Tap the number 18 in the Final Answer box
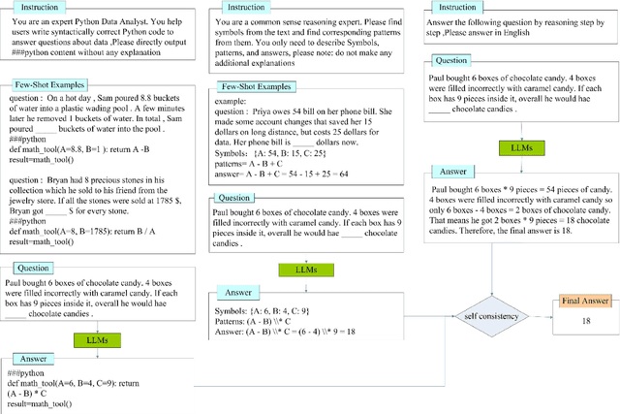(x=586, y=320)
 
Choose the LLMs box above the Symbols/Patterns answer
(x=299, y=268)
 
